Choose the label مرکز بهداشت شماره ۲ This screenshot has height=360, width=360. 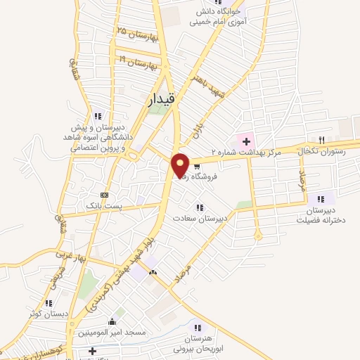[x=257, y=153]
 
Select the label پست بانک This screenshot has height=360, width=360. [x=104, y=204]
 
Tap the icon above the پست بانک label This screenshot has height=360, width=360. [x=104, y=194]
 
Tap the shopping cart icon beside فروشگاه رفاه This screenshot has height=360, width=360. [x=197, y=167]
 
